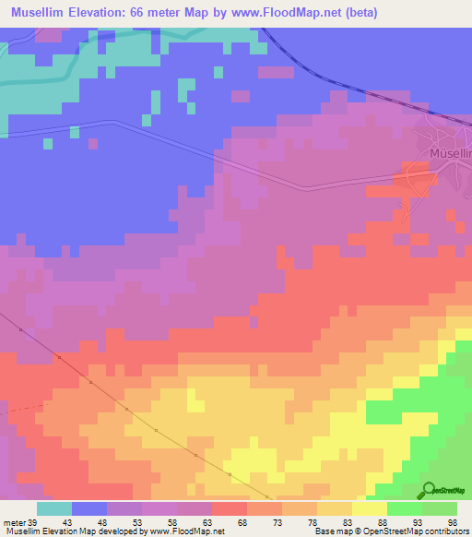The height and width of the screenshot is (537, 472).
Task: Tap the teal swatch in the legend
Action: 54,508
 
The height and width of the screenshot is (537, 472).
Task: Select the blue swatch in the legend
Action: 89,508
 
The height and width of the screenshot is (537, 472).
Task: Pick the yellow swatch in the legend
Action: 370,508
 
